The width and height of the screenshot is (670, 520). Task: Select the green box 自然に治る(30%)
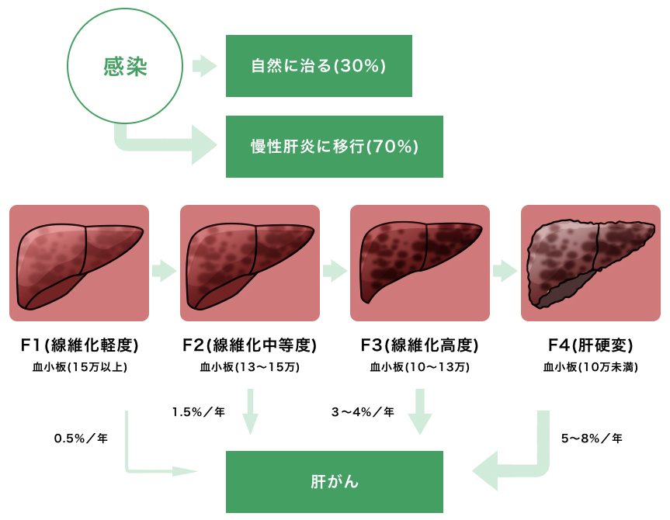tap(318, 66)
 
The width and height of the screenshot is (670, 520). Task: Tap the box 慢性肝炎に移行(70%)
tap(334, 146)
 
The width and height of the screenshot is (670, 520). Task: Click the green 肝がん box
tap(334, 482)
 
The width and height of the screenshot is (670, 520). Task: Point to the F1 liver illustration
tap(79, 263)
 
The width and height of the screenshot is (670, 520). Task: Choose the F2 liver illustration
tap(249, 263)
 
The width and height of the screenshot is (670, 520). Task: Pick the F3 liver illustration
tap(419, 263)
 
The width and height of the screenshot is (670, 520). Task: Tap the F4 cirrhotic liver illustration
tap(590, 263)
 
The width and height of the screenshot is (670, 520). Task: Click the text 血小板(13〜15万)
tap(249, 367)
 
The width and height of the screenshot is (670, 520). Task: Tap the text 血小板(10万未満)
tap(591, 367)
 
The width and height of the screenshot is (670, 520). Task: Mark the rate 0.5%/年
tap(81, 439)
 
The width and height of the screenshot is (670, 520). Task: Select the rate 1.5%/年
tap(198, 412)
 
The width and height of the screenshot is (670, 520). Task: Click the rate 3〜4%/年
tap(363, 412)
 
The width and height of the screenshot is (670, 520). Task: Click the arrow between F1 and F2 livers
tap(164, 271)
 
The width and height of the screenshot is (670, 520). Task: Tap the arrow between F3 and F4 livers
tap(505, 271)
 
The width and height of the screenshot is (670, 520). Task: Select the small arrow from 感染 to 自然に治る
tap(204, 66)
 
